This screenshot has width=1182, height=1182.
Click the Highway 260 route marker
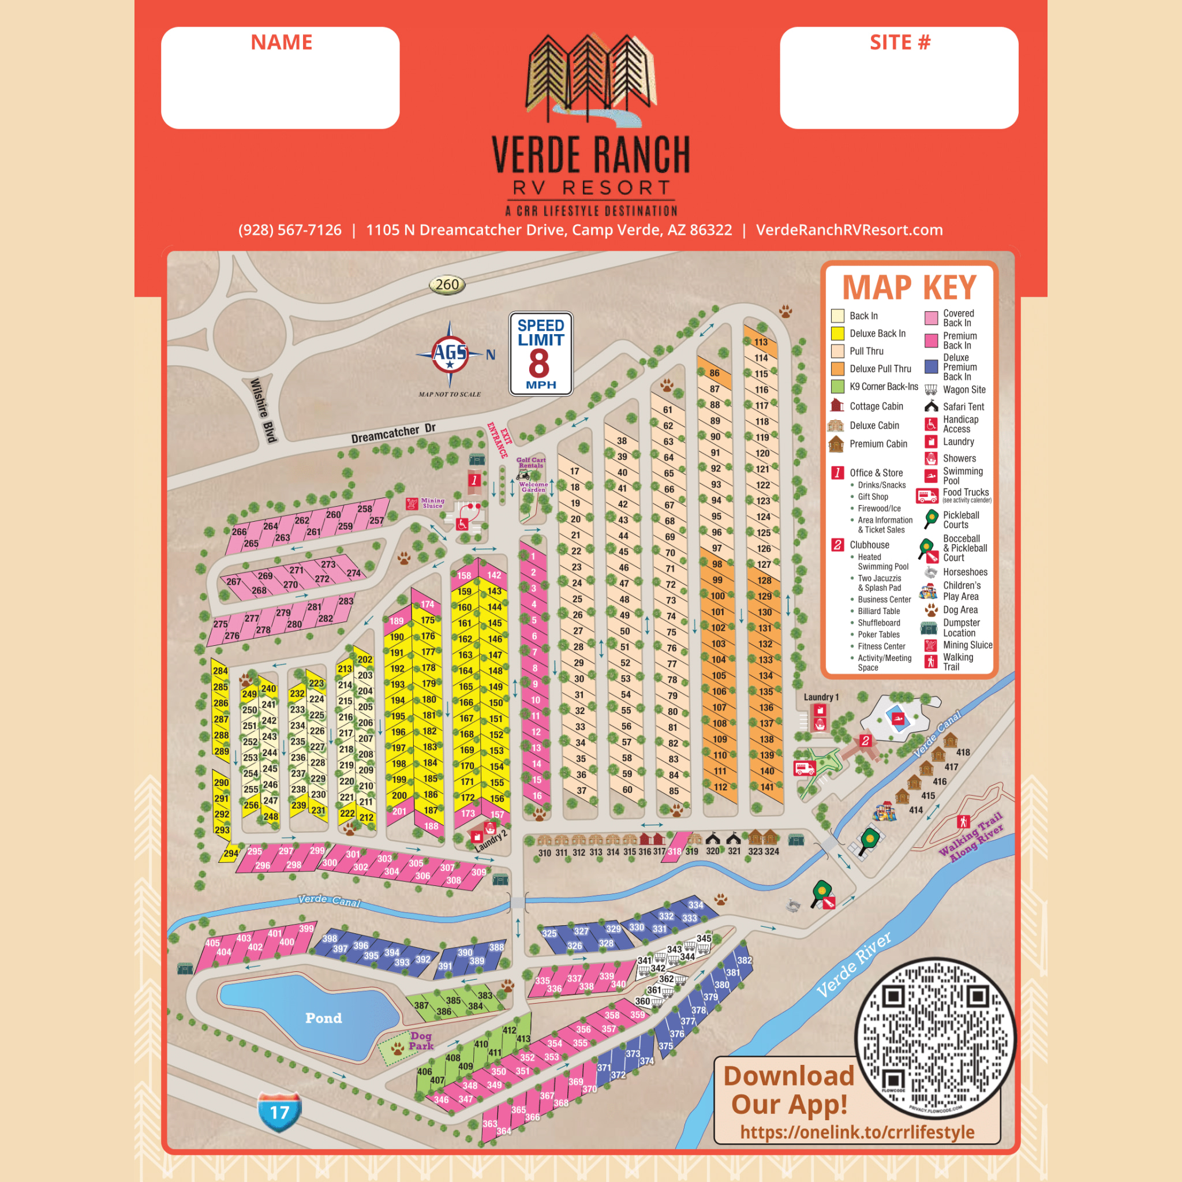(447, 285)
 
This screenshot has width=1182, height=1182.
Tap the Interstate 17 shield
(279, 1112)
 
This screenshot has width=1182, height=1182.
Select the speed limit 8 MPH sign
(541, 354)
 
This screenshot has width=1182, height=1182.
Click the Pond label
(323, 1018)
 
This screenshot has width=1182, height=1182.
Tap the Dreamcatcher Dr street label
(394, 433)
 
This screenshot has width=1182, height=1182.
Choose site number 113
(761, 342)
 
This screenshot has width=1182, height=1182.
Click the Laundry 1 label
(821, 697)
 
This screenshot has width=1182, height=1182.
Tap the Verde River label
(854, 965)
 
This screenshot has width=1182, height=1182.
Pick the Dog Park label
(421, 1041)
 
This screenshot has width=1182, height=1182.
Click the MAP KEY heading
(909, 287)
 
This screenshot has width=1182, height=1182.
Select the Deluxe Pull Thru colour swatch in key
(837, 369)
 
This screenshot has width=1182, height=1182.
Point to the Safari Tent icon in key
(931, 406)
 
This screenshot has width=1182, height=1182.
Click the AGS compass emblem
(450, 353)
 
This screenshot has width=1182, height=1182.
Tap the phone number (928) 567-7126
(290, 230)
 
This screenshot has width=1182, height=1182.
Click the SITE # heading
(900, 42)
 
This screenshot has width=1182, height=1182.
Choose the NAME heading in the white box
(282, 42)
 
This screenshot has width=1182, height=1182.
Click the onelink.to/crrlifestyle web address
(857, 1132)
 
